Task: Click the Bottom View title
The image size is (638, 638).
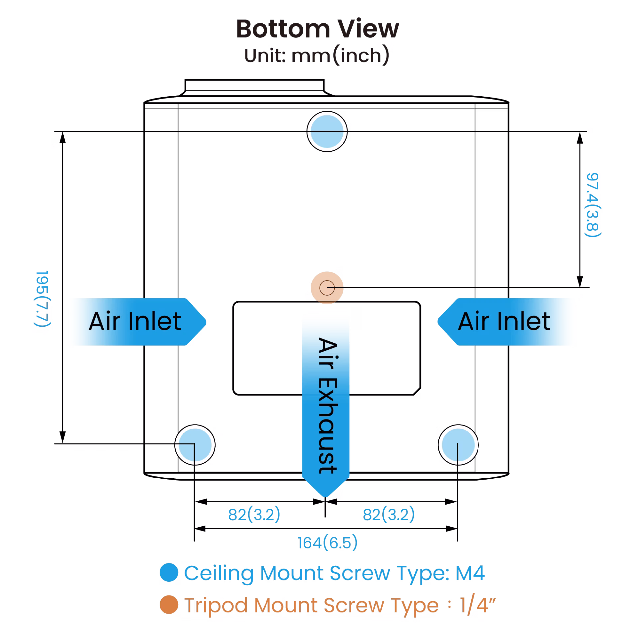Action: tap(317, 29)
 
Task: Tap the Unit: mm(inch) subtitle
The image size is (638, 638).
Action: tap(317, 56)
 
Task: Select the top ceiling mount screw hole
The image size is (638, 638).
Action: tap(327, 131)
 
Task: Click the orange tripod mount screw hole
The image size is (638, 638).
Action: tap(327, 288)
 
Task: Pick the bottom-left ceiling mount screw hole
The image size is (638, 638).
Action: tap(195, 445)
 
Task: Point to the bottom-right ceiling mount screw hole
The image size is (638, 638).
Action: tap(458, 445)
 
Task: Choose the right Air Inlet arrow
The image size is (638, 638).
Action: tap(506, 322)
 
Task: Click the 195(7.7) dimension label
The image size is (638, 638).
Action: tap(42, 303)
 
